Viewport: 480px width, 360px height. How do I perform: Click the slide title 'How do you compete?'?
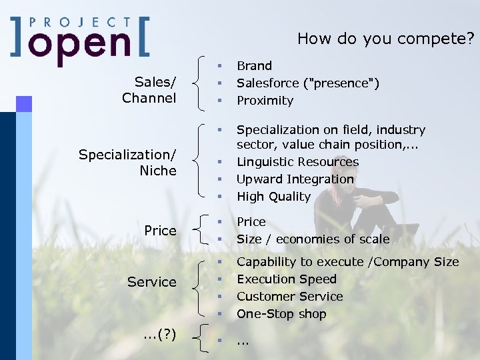pyautogui.click(x=385, y=39)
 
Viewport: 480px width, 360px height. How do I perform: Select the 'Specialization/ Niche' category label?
pyautogui.click(x=127, y=163)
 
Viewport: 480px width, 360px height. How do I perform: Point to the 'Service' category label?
pyautogui.click(x=151, y=282)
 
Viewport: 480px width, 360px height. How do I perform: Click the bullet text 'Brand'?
pyautogui.click(x=254, y=66)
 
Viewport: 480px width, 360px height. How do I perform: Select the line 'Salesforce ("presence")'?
pyautogui.click(x=308, y=83)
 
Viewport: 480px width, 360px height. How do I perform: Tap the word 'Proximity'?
pyautogui.click(x=265, y=101)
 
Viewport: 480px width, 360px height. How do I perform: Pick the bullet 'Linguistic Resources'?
pyautogui.click(x=297, y=162)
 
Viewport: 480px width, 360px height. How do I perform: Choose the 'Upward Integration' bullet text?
pyautogui.click(x=295, y=179)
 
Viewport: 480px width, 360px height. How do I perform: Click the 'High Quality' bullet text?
pyautogui.click(x=273, y=197)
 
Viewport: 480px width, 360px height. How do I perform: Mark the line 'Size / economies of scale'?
pyautogui.click(x=313, y=239)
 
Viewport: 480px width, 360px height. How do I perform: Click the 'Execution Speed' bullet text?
pyautogui.click(x=287, y=279)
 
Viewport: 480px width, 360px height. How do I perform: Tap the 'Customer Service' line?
pyautogui.click(x=289, y=297)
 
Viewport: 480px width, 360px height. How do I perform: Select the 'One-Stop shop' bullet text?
pyautogui.click(x=281, y=314)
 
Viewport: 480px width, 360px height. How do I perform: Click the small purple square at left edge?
pyautogui.click(x=24, y=103)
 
